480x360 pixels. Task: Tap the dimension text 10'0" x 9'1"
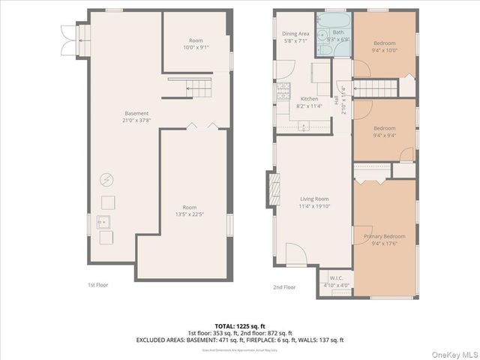[x=196, y=47]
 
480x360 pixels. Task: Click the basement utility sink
[x=106, y=221]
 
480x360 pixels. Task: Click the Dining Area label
[x=295, y=33]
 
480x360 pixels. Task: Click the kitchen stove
[x=283, y=91]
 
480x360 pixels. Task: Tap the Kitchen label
[x=309, y=99]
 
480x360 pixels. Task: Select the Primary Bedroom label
[x=384, y=236]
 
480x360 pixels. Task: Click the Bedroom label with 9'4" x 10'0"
[x=384, y=47]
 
